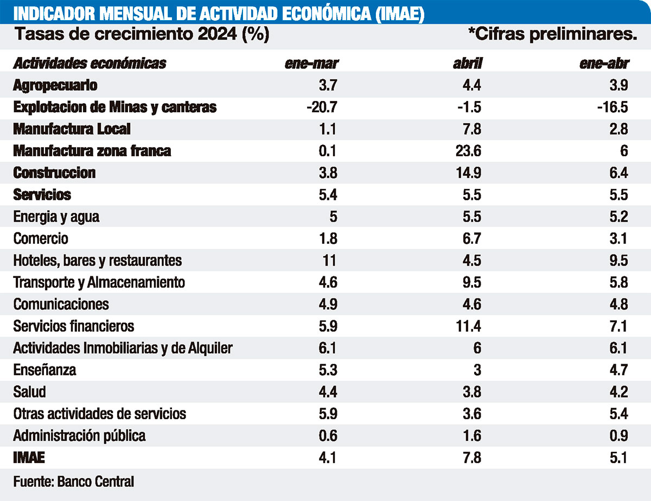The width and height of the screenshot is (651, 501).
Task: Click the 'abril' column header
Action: (x=467, y=64)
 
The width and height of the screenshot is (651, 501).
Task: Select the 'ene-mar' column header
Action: (x=312, y=64)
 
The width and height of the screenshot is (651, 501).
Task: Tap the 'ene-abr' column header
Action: (x=604, y=64)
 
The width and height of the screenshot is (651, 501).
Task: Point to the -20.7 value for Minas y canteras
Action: (x=322, y=107)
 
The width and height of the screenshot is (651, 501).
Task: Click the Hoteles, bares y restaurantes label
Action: (x=98, y=261)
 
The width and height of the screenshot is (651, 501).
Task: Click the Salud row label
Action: (x=30, y=392)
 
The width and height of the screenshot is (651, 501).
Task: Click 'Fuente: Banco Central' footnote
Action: (x=73, y=481)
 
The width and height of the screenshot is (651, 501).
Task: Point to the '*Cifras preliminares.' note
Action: (x=552, y=34)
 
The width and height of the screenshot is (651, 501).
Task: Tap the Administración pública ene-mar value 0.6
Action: (x=327, y=436)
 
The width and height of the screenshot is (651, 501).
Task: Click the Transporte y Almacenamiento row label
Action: (x=99, y=282)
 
